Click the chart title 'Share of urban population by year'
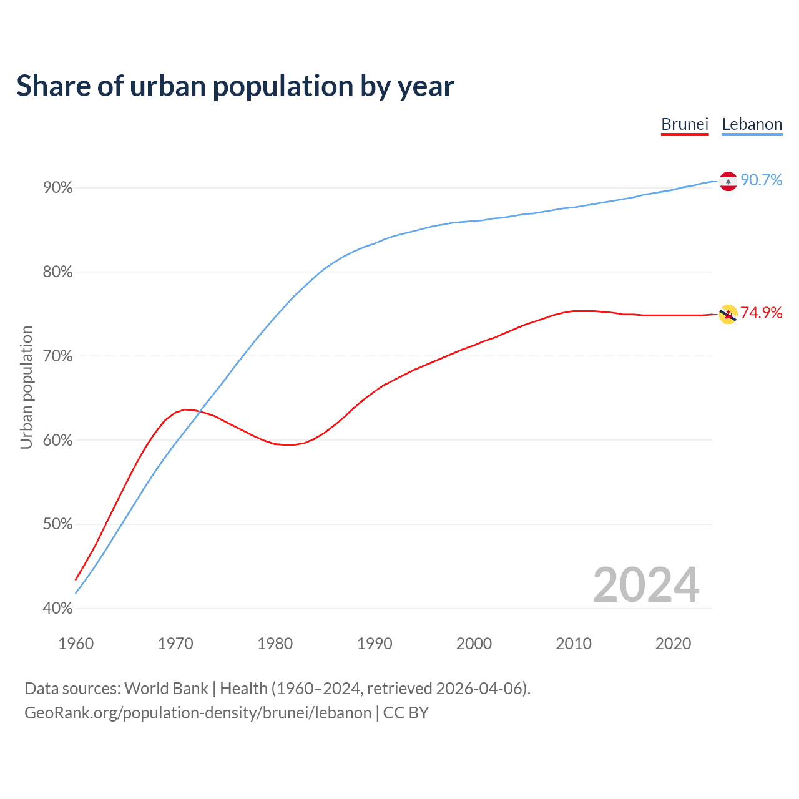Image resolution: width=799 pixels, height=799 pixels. point(235,86)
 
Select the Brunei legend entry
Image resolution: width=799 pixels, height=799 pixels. point(685,124)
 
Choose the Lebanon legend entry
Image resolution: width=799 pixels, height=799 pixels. point(752,124)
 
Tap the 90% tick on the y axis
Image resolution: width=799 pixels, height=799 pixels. point(57,188)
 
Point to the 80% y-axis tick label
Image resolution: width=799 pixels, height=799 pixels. point(57,272)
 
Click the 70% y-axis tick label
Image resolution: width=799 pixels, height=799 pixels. point(57,356)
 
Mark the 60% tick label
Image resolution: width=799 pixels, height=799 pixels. point(57,441)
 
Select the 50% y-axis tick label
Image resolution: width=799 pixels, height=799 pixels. point(57,524)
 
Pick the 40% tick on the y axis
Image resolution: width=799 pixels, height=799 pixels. point(57,609)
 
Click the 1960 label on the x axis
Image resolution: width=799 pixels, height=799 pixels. point(76,644)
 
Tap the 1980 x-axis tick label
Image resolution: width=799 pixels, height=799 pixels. point(275,644)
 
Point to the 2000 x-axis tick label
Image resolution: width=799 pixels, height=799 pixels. point(474,644)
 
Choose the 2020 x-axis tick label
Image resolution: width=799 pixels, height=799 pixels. point(673,644)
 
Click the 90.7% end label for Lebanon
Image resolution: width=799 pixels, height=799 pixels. point(762,180)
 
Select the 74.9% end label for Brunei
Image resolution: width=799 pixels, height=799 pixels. point(762,313)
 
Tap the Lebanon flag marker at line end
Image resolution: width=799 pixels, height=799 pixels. point(728,181)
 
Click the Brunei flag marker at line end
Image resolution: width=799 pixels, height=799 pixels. point(728,315)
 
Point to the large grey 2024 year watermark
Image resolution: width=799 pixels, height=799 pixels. point(646,585)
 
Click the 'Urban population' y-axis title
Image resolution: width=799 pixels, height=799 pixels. point(26,387)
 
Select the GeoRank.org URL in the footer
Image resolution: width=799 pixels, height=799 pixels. point(198,713)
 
